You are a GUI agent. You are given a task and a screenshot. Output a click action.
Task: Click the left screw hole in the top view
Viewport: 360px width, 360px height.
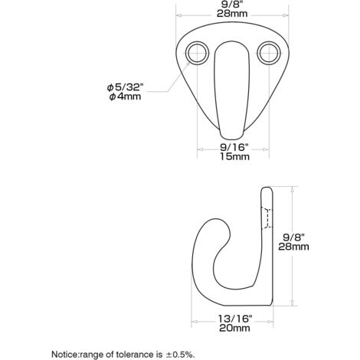[x=197, y=53]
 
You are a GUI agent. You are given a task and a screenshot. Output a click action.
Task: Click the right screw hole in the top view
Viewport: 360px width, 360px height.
[x=269, y=53]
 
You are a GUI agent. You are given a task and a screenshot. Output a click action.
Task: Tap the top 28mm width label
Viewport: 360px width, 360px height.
[x=232, y=14]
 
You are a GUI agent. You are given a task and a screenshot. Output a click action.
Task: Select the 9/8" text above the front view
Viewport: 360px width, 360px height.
[x=232, y=5]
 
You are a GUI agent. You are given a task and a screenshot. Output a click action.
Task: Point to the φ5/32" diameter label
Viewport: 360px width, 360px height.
[x=125, y=87]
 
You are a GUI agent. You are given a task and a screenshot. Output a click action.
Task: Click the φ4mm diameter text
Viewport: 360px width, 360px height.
[x=125, y=97]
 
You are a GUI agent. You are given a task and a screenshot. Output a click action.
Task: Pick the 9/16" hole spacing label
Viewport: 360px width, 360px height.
[x=234, y=147]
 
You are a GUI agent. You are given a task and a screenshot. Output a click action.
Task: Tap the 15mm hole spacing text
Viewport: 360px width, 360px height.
[x=234, y=156]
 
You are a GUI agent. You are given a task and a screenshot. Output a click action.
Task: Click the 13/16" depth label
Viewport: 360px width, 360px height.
[x=235, y=319]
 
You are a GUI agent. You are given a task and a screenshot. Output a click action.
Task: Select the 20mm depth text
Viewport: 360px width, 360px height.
[x=234, y=328]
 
